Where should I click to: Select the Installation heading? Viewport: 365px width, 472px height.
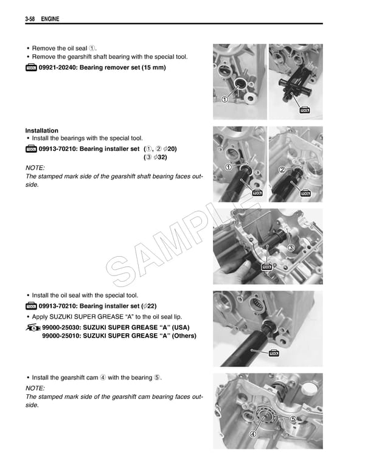click(x=42, y=131)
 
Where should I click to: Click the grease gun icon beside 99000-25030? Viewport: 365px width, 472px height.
click(x=32, y=328)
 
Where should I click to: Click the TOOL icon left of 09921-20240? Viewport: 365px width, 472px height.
click(x=31, y=68)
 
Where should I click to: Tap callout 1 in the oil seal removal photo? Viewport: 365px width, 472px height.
click(x=225, y=100)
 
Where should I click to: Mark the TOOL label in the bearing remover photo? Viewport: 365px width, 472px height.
click(x=305, y=110)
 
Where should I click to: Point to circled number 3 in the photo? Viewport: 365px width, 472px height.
click(x=291, y=248)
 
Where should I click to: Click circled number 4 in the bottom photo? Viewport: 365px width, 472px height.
click(x=252, y=434)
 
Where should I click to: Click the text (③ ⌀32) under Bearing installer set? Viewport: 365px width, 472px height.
click(x=155, y=157)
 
